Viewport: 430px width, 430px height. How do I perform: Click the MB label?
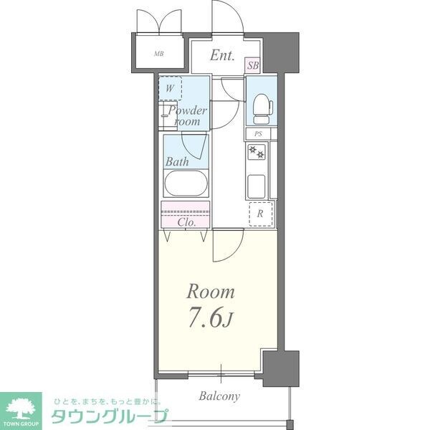point(158,54)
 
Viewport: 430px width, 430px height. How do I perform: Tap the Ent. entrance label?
point(223,56)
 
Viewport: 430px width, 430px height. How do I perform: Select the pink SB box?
point(253,65)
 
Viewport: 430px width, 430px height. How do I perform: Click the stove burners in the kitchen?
point(257,153)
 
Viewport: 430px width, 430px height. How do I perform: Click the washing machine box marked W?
point(170,89)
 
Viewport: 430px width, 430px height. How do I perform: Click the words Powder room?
point(187,116)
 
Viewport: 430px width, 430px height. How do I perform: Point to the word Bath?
point(177,161)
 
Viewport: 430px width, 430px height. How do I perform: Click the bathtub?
point(186,183)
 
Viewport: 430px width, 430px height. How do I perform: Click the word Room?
point(211,292)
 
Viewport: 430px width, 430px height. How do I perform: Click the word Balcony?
point(219,396)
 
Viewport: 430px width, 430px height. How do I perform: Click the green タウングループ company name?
point(109,417)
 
